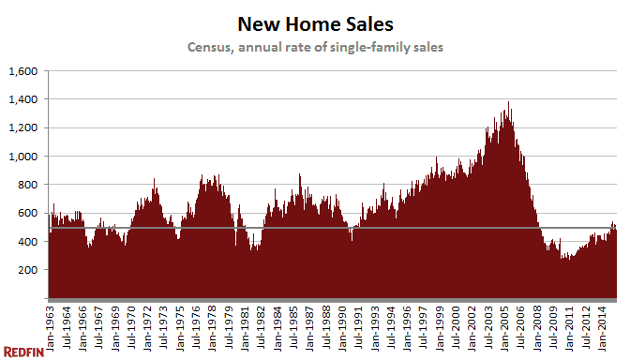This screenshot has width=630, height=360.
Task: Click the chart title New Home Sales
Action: [314, 22]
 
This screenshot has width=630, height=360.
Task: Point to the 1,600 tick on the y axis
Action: [22, 71]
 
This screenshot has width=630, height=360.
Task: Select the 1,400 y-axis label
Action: [22, 99]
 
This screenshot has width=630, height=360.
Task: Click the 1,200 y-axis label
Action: [22, 127]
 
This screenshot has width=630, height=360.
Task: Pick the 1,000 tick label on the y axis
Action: [22, 157]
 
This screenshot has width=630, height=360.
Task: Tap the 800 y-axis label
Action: [28, 185]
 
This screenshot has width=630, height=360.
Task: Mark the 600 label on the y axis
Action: [28, 213]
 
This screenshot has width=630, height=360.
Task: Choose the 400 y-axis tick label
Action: [28, 242]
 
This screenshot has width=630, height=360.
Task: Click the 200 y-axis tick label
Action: [28, 270]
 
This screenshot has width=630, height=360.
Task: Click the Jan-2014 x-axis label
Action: [605, 322]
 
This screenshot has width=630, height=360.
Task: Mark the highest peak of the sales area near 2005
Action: [509, 103]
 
